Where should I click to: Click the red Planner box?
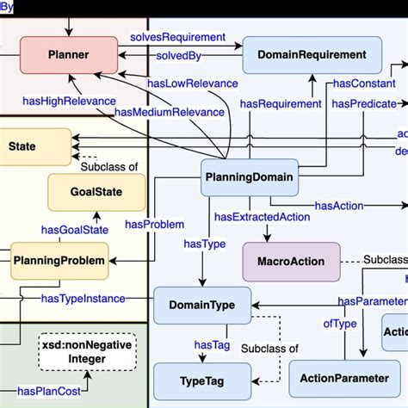pos(69,54)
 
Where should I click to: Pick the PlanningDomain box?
pos(248,179)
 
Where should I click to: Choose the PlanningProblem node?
pos(60,259)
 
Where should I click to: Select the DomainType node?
pos(201,306)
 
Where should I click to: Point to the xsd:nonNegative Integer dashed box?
pos(87,350)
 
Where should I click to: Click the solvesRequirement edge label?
pos(177,38)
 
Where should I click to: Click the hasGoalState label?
pos(75,229)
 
